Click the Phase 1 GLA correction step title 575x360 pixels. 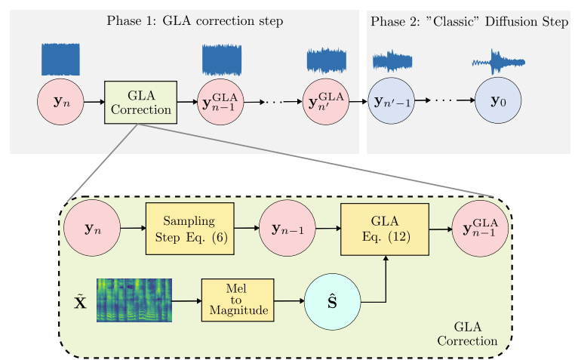click(195, 21)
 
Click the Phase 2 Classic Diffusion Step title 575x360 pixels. click(469, 21)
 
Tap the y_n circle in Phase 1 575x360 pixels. click(60, 102)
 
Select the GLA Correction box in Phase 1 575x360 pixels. click(140, 102)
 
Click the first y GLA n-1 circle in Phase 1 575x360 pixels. click(220, 102)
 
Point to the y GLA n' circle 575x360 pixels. click(326, 102)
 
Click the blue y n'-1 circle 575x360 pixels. click(392, 102)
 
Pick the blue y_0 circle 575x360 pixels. click(498, 101)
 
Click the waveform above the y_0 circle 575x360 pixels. click(498, 62)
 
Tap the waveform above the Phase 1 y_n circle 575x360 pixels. click(60, 60)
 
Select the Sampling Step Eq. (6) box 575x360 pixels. click(190, 228)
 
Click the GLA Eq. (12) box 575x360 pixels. click(385, 229)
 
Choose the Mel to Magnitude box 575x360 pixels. click(238, 300)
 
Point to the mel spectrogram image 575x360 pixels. click(134, 300)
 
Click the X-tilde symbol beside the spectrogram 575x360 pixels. click(80, 302)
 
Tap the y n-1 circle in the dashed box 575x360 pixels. click(287, 229)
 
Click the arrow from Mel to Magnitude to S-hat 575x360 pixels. click(289, 300)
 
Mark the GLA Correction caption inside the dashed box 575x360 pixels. click(468, 333)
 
